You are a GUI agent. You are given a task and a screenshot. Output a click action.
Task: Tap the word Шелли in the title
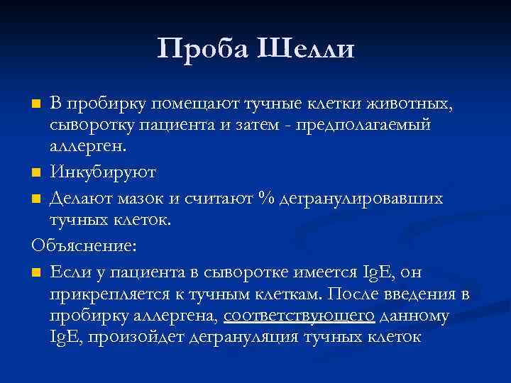(x=308, y=49)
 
